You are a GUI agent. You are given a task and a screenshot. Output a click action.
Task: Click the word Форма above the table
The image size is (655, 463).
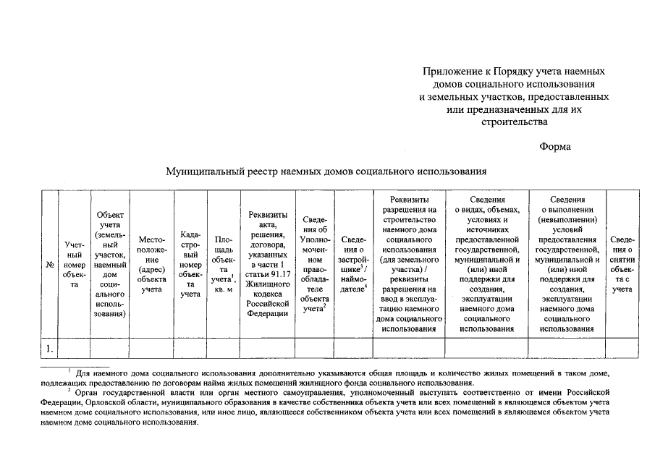tap(555, 147)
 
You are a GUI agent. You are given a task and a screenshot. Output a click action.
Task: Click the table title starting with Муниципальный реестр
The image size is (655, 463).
tap(326, 172)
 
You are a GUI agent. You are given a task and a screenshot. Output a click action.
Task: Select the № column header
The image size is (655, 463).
tap(50, 265)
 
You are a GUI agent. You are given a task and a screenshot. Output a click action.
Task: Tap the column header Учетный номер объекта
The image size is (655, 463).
tap(74, 265)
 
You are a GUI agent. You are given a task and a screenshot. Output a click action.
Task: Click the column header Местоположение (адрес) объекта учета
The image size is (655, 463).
tap(151, 265)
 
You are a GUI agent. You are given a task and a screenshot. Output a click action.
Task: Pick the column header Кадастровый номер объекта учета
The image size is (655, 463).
tap(190, 265)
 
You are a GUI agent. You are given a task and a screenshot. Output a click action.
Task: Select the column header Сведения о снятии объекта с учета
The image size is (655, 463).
tap(622, 265)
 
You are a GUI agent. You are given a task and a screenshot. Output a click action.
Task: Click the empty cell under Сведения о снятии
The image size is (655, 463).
tap(622, 349)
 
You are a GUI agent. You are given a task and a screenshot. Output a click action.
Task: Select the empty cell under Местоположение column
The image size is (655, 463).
tap(151, 349)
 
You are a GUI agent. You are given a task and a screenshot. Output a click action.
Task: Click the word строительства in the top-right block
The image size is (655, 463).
tap(515, 122)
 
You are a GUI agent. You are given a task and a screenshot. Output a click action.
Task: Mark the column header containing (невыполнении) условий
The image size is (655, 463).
tap(567, 265)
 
